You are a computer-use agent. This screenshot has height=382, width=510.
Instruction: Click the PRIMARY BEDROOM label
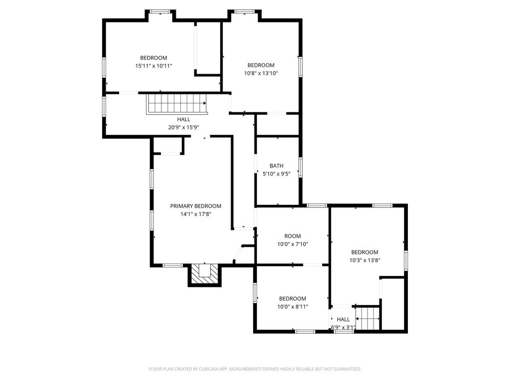click(195, 206)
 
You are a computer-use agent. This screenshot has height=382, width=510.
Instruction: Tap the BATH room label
click(276, 166)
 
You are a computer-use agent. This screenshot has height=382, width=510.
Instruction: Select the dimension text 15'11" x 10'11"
click(153, 66)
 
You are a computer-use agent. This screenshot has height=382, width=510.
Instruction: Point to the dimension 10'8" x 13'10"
click(261, 74)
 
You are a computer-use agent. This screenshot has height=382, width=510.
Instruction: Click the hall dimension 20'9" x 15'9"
click(183, 127)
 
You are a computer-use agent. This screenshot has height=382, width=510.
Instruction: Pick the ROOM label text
click(292, 236)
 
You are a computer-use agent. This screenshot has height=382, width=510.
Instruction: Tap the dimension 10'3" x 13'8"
click(365, 260)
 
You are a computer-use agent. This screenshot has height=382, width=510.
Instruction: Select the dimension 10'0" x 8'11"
click(292, 306)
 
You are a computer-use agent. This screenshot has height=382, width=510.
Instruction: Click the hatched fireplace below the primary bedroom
click(205, 275)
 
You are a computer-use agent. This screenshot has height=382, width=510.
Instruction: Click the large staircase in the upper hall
click(177, 104)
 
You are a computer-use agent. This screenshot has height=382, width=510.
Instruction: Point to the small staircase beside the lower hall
click(368, 319)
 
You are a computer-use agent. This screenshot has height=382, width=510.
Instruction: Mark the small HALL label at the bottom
click(343, 319)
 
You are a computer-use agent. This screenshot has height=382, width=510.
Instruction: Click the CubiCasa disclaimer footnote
click(255, 369)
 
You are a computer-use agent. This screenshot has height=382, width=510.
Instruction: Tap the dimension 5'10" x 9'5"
click(276, 174)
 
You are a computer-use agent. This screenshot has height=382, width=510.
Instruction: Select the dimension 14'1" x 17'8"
click(196, 214)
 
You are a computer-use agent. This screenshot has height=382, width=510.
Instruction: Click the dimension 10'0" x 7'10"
click(292, 244)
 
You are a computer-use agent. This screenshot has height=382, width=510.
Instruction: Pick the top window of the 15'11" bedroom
click(160, 12)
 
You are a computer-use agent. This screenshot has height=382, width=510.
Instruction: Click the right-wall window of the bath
click(300, 167)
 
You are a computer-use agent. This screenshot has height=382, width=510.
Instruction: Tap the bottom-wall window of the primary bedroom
click(173, 266)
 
